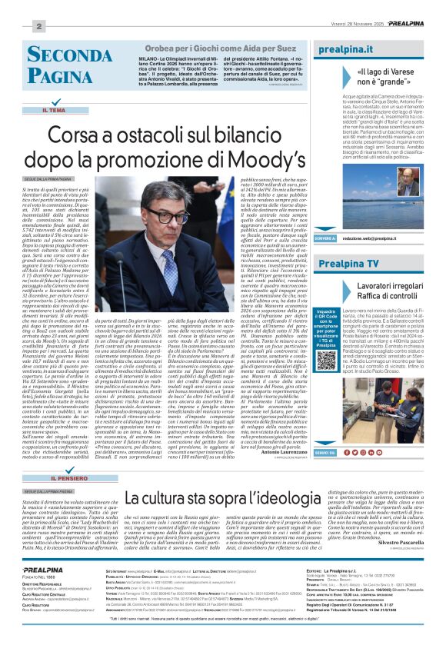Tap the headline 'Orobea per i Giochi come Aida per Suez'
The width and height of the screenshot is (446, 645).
coord(219,47)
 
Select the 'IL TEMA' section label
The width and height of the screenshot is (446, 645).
coord(54,111)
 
